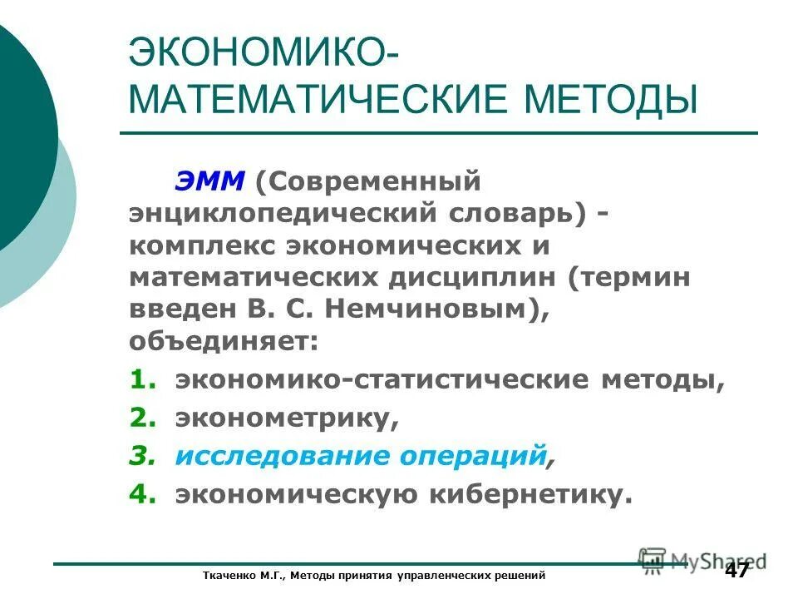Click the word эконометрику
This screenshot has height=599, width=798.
tap(286, 418)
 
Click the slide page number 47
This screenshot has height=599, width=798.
tap(736, 571)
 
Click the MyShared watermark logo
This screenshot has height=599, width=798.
tap(702, 559)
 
